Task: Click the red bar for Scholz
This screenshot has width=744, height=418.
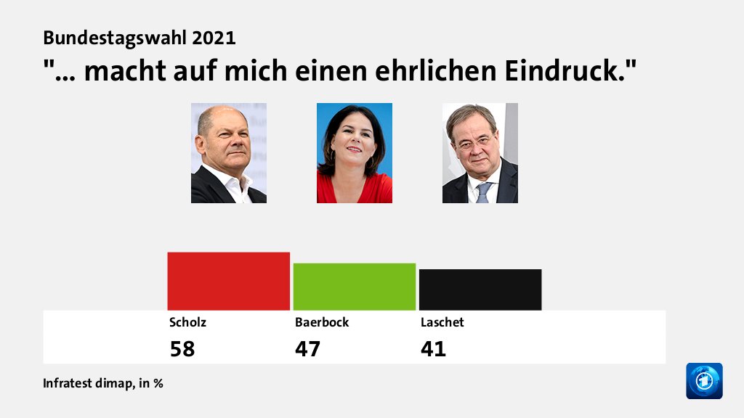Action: [228, 281]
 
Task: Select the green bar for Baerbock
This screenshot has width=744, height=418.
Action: [354, 287]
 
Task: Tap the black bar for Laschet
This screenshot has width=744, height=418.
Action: [480, 290]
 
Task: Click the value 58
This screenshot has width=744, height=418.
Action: [182, 349]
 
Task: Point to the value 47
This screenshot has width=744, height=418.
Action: [307, 349]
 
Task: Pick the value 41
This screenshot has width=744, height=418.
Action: [433, 349]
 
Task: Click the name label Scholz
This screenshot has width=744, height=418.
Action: [182, 322]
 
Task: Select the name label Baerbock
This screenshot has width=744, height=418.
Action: [321, 322]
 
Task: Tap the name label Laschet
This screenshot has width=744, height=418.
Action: [442, 322]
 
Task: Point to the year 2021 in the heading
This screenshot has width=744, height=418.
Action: [216, 38]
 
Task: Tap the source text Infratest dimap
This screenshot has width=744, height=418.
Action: [87, 383]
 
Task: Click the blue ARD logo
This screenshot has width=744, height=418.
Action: [704, 381]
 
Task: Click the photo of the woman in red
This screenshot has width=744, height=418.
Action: [354, 153]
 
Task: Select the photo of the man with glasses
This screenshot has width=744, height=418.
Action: [480, 153]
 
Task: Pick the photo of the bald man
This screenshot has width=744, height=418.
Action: [228, 153]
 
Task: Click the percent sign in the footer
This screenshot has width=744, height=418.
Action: [158, 383]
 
